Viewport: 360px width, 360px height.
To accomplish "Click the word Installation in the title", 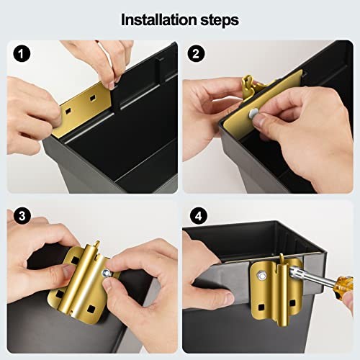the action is point(159,19).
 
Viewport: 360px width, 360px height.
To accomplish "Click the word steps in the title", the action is point(220,21).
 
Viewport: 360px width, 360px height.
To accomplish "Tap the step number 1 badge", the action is point(22,53).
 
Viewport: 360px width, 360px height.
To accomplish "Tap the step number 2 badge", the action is point(196,53).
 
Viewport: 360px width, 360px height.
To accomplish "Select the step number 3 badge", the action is point(22,215).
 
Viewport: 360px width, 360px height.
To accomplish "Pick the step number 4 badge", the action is point(199,216).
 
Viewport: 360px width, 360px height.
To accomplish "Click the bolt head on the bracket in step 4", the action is point(262,276).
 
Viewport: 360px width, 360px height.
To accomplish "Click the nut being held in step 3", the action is point(106,273).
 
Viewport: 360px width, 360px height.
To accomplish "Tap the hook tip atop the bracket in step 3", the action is point(97,243).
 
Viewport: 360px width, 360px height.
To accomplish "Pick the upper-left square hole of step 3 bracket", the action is point(75,260).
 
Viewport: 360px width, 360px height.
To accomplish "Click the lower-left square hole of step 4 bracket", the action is point(261,307).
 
